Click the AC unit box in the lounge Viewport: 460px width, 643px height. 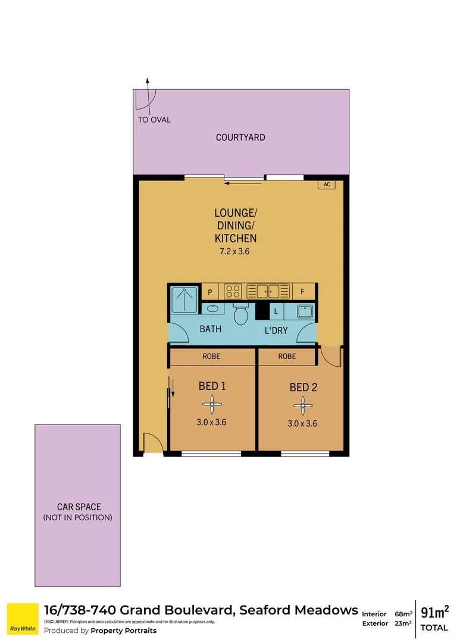tap(327, 185)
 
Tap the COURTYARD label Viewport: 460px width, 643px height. tap(240, 138)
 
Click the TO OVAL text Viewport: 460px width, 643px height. tap(154, 120)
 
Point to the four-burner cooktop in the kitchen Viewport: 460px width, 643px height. tap(232, 292)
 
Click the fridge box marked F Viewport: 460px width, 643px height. tap(303, 292)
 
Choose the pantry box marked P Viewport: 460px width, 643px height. tap(209, 292)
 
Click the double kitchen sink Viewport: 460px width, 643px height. tap(263, 292)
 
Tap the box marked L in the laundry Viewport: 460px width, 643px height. tap(276, 311)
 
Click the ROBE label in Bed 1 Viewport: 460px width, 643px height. tap(211, 357)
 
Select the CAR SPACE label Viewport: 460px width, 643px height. tap(79, 507)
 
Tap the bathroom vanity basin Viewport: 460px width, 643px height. tap(212, 308)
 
